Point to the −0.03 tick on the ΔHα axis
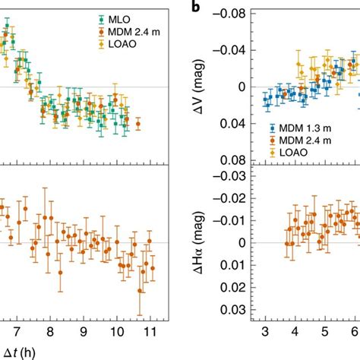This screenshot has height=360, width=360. point(235,176)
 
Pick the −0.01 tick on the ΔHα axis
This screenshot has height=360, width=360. point(235,220)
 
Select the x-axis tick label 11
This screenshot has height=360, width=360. point(150,332)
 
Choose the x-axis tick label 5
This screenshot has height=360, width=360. point(324,332)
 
